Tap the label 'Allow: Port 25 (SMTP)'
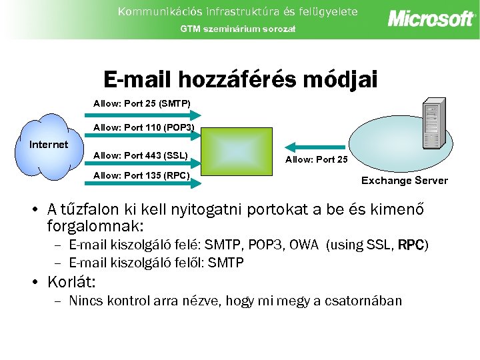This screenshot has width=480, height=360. [141, 103]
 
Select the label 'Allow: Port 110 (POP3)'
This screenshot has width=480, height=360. [144, 127]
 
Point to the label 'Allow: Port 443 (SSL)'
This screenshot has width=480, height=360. [140, 156]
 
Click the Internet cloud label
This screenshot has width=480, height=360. [49, 145]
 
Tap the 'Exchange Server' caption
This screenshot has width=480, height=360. [404, 181]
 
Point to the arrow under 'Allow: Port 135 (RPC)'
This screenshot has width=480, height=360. [142, 186]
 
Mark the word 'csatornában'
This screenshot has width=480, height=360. [363, 301]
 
